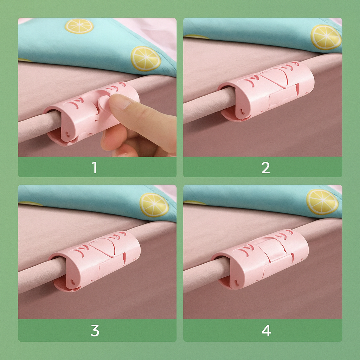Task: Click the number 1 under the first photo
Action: (x=95, y=167)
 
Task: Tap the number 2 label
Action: (x=266, y=168)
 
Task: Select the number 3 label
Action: (x=95, y=330)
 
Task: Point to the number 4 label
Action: (x=266, y=330)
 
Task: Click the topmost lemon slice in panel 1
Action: (x=79, y=26)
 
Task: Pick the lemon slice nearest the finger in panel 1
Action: (x=146, y=59)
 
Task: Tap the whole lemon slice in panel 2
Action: (x=326, y=37)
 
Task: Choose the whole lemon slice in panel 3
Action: (x=154, y=205)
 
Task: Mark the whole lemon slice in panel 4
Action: (x=322, y=202)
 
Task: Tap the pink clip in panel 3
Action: (x=95, y=261)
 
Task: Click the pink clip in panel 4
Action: (x=260, y=259)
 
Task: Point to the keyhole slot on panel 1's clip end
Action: (x=68, y=134)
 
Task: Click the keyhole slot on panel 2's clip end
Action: (x=242, y=111)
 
